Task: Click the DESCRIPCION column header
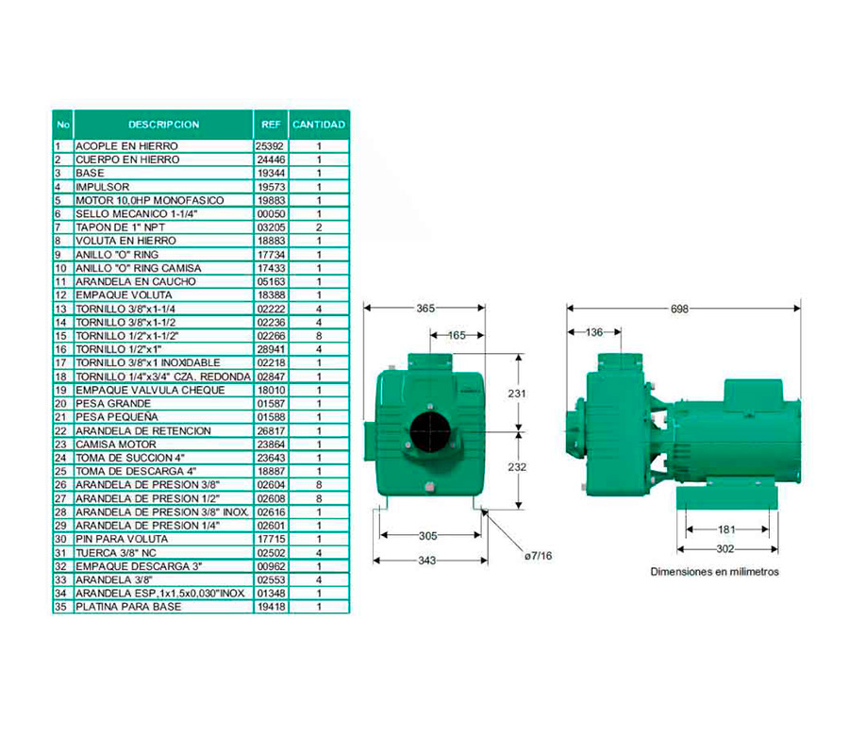click(163, 125)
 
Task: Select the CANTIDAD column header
click(319, 125)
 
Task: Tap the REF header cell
click(271, 125)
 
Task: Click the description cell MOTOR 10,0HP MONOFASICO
click(149, 200)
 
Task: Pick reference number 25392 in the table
click(271, 146)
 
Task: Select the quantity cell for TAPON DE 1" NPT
click(319, 227)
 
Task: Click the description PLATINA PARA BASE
click(128, 607)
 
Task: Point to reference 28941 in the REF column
click(271, 349)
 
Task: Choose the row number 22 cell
click(60, 430)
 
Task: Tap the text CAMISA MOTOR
click(116, 445)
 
